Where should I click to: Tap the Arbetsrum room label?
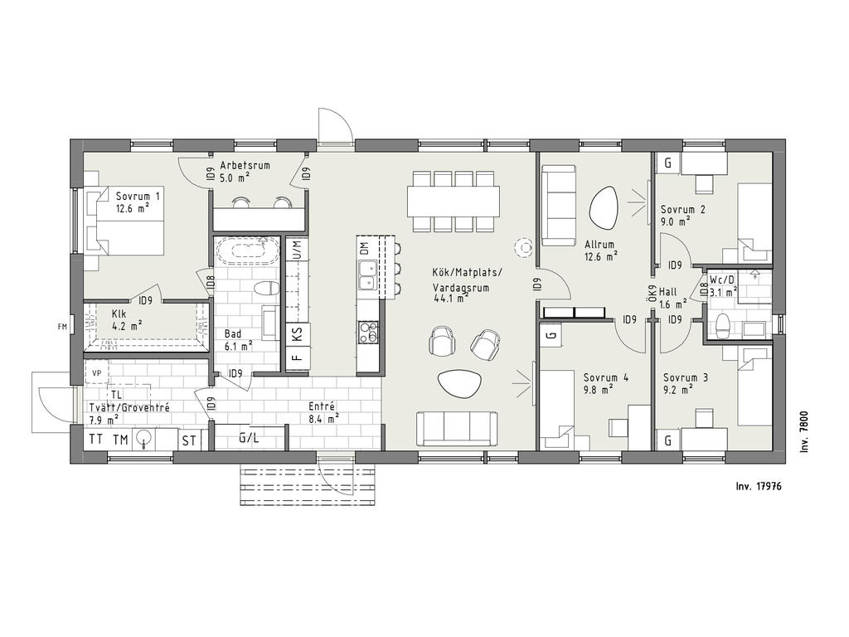pos(245,165)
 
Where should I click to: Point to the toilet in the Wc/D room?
pos(723,325)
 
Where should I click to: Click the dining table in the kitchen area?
pos(454,202)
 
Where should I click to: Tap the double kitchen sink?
pos(368,275)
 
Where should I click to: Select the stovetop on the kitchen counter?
pos(368,332)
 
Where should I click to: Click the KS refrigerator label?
pos(298,333)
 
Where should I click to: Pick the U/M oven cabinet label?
pos(297,250)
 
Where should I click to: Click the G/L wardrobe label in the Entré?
pos(249,437)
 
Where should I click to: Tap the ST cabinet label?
pos(189,440)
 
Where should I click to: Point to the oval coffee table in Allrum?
pos(602,208)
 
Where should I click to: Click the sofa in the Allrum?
pos(559,206)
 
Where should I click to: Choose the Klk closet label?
pos(119,314)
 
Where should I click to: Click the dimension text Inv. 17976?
pos(758,486)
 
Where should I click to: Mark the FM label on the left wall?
pos(62,326)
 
